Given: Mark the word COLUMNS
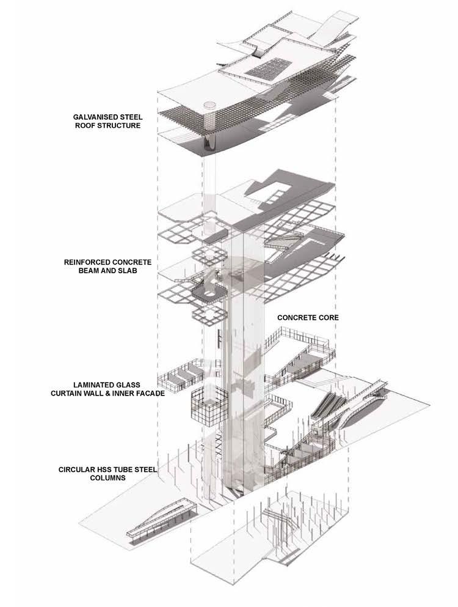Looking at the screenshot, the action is (x=109, y=480).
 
